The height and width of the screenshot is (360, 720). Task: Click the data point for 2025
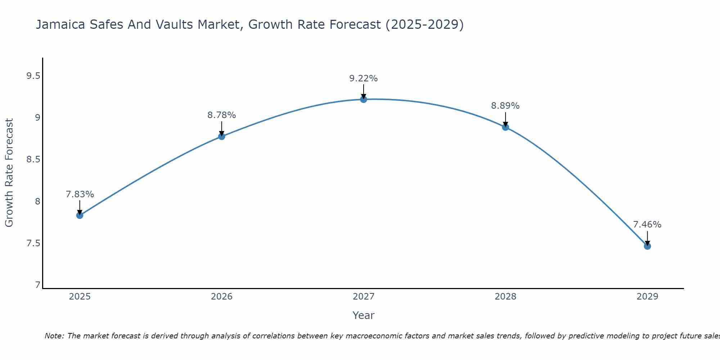pos(80,215)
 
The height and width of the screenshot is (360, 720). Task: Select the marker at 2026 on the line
pos(221,136)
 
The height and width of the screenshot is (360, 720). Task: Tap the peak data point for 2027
pos(363,99)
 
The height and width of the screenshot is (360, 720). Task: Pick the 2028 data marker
pos(505,127)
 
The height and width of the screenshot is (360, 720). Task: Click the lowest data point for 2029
pos(647,246)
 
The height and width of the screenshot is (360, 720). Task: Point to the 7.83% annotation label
pos(80,194)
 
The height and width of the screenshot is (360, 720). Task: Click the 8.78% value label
pos(221,115)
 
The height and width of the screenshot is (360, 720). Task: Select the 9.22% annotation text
pos(363,78)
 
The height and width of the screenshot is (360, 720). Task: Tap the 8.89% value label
pos(505,106)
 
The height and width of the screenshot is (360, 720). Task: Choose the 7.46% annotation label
pos(647,225)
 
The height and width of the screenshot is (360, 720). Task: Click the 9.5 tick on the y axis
pos(33,76)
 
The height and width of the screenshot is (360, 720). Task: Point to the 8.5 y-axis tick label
pos(33,159)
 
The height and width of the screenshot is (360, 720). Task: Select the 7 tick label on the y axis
pos(37,285)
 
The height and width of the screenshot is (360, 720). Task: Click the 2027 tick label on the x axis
pos(363,297)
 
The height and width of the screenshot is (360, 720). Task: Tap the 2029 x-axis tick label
pos(647,297)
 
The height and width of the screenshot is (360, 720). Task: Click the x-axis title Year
pos(363,315)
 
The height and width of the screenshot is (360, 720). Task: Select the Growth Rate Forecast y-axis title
pos(9,173)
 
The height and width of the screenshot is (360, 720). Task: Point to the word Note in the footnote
pos(54,336)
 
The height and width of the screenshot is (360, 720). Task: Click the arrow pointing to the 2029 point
pos(647,238)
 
